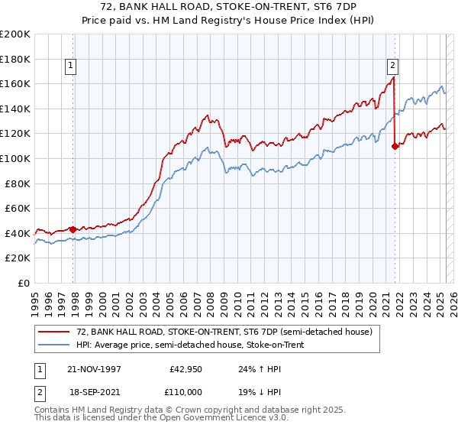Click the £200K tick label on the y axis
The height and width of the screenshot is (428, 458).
click(15, 34)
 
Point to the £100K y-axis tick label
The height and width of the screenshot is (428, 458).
click(15, 159)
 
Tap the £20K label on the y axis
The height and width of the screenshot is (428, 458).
click(18, 258)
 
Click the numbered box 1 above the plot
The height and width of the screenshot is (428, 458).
click(70, 66)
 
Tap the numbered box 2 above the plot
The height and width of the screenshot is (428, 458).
click(392, 66)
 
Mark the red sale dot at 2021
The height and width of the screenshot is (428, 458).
click(395, 146)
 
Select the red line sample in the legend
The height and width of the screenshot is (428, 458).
click(55, 332)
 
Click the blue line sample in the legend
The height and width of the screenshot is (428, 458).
click(55, 343)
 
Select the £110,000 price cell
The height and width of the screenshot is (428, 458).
click(186, 391)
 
